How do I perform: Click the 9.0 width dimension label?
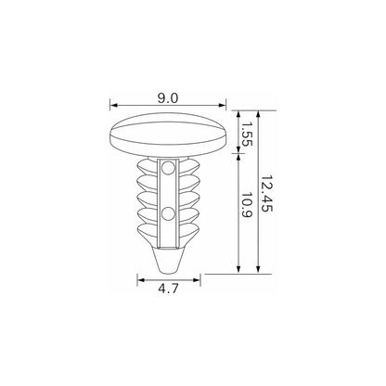(168, 98)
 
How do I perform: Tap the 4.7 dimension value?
(168, 289)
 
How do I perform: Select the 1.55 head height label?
(247, 134)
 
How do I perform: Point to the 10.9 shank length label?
(247, 205)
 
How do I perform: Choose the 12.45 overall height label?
(267, 194)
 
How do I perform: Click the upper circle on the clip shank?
(169, 168)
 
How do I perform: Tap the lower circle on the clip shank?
(169, 214)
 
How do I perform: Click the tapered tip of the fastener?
(169, 259)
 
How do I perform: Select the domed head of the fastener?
(169, 134)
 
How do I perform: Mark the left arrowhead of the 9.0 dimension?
(114, 105)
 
